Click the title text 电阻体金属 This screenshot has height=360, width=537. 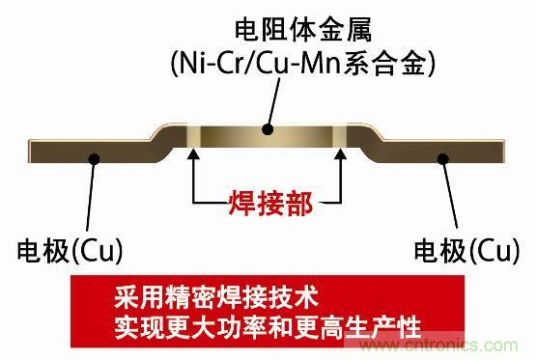point(303,31)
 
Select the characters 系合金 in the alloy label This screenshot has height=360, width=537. point(384,64)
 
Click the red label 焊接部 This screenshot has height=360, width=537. point(270,204)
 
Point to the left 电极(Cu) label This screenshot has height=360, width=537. point(70,251)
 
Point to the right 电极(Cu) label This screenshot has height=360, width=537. point(467,251)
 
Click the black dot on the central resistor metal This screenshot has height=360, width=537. point(268,129)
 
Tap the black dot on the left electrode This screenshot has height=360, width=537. point(94,159)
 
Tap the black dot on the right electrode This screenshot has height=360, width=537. point(443,159)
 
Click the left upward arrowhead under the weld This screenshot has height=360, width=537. point(193,153)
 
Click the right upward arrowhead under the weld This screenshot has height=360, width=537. point(340,153)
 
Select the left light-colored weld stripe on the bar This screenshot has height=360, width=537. point(193,135)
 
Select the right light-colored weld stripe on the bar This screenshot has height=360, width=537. point(340,135)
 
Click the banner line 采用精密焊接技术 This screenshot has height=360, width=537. point(216,297)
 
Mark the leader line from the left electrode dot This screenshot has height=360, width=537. point(91,195)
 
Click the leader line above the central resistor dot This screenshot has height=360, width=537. point(273,103)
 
